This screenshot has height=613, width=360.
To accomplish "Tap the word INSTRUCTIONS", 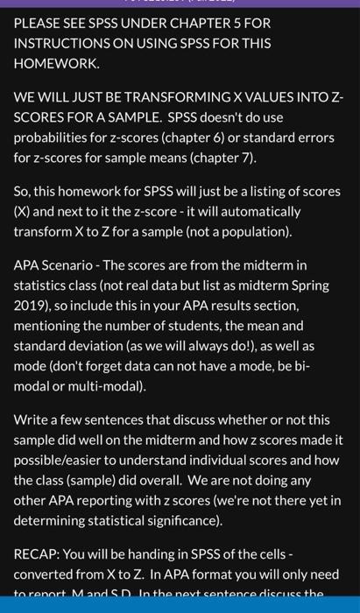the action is point(62,43).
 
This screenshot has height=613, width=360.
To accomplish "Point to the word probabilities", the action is point(52,138).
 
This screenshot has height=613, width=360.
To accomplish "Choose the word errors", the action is point(321,138).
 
